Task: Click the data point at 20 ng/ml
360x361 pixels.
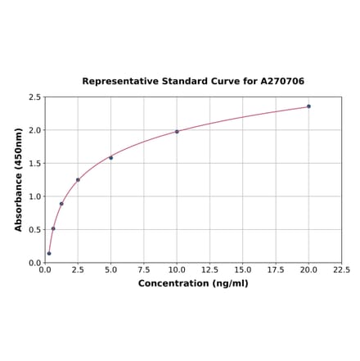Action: tap(308, 106)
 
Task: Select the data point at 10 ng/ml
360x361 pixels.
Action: tap(177, 132)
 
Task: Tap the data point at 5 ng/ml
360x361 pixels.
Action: tap(110, 157)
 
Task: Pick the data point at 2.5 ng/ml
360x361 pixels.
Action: tap(78, 179)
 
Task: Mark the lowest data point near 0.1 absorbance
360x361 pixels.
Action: tap(49, 253)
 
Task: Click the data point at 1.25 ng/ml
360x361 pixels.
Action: tap(61, 204)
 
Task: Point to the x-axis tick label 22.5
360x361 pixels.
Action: tap(341, 269)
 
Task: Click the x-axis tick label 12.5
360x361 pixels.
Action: tap(209, 269)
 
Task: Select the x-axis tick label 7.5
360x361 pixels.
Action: tap(144, 269)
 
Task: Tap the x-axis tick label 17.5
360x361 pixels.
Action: tap(276, 269)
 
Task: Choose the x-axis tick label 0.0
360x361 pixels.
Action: tap(45, 269)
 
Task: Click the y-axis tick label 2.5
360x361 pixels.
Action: tap(35, 97)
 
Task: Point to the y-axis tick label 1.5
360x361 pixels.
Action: tap(35, 164)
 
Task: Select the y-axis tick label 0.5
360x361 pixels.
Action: tap(35, 230)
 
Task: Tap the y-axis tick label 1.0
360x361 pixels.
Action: tap(35, 196)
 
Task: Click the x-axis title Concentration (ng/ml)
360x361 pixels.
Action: tap(193, 283)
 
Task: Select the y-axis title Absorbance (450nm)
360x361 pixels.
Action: tap(19, 179)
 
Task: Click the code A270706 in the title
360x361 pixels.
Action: tap(282, 82)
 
